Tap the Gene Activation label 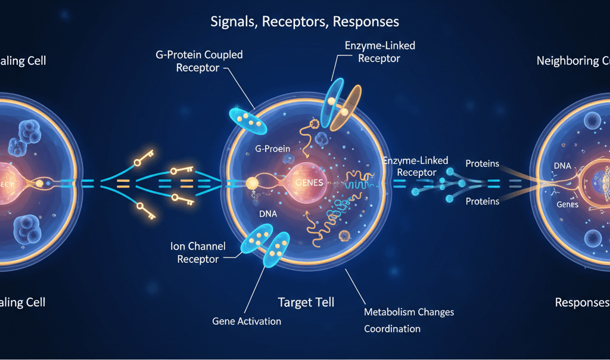click(x=246, y=321)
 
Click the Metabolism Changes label click(x=409, y=312)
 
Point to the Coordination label click(x=392, y=328)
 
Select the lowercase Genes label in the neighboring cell click(x=567, y=204)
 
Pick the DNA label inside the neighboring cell click(x=565, y=165)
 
